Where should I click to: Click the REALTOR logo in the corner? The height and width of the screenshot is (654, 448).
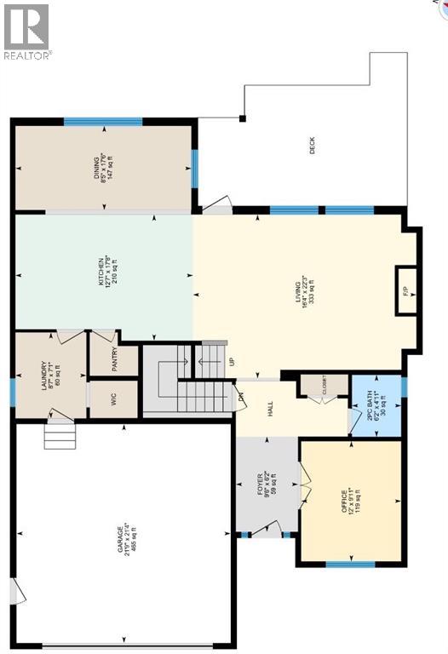coord(26,32)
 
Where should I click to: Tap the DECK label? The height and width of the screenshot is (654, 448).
coord(317,152)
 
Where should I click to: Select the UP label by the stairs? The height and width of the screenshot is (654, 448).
coord(232,362)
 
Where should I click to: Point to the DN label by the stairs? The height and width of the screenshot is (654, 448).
coord(241,397)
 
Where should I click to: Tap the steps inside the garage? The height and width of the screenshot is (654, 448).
coord(59,437)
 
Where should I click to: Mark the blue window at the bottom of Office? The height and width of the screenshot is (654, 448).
coord(351,564)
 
